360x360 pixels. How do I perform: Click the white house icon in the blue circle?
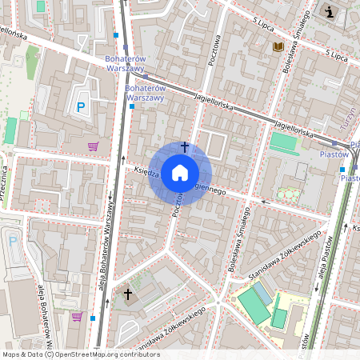pyautogui.click(x=180, y=172)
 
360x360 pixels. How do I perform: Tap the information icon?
pyautogui.click(x=330, y=11)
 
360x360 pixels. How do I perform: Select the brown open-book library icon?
pyautogui.click(x=278, y=47)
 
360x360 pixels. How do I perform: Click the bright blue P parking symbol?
pyautogui.click(x=80, y=106)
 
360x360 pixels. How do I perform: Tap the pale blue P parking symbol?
pyautogui.click(x=12, y=240)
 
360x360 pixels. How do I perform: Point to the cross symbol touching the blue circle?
pyautogui.click(x=185, y=146)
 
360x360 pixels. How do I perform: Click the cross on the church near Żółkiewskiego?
pyautogui.click(x=127, y=294)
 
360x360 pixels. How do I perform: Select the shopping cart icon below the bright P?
pyautogui.click(x=93, y=146)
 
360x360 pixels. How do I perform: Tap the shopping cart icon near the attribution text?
pyautogui.click(x=77, y=317)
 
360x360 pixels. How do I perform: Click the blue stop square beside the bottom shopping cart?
pyautogui.click(x=94, y=318)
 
